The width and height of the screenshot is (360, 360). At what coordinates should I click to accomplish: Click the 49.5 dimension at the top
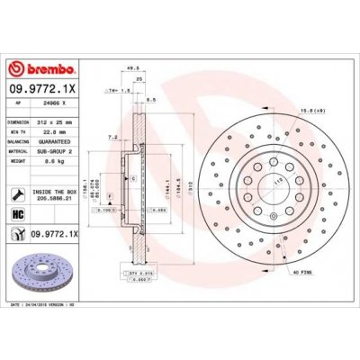[133, 67]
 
